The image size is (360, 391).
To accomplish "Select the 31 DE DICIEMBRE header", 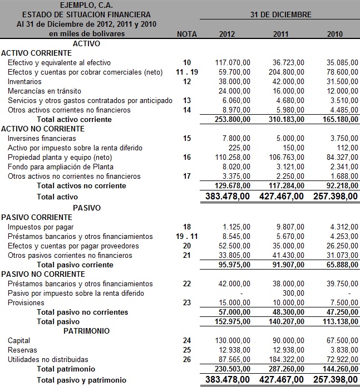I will [x=280, y=14].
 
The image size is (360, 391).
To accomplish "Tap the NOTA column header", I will [x=186, y=34].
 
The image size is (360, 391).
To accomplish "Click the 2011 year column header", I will [x=281, y=34].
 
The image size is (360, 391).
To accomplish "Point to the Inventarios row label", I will [x=24, y=81].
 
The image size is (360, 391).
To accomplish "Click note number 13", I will [x=186, y=100].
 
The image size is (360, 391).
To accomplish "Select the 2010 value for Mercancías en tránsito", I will [x=342, y=91].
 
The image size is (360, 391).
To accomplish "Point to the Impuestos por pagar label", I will [x=41, y=227].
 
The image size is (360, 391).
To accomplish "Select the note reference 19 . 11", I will [x=186, y=236].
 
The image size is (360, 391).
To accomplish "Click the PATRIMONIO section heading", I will [x=86, y=331].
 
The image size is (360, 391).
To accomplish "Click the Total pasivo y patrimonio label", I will [x=81, y=380].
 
